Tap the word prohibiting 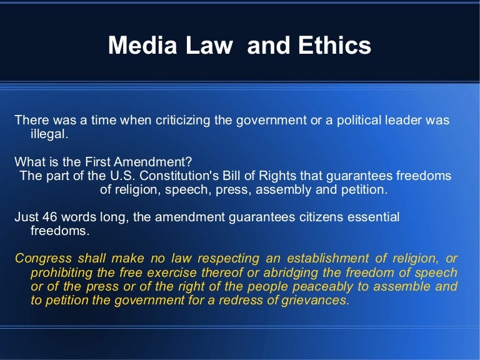pos(60,272)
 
